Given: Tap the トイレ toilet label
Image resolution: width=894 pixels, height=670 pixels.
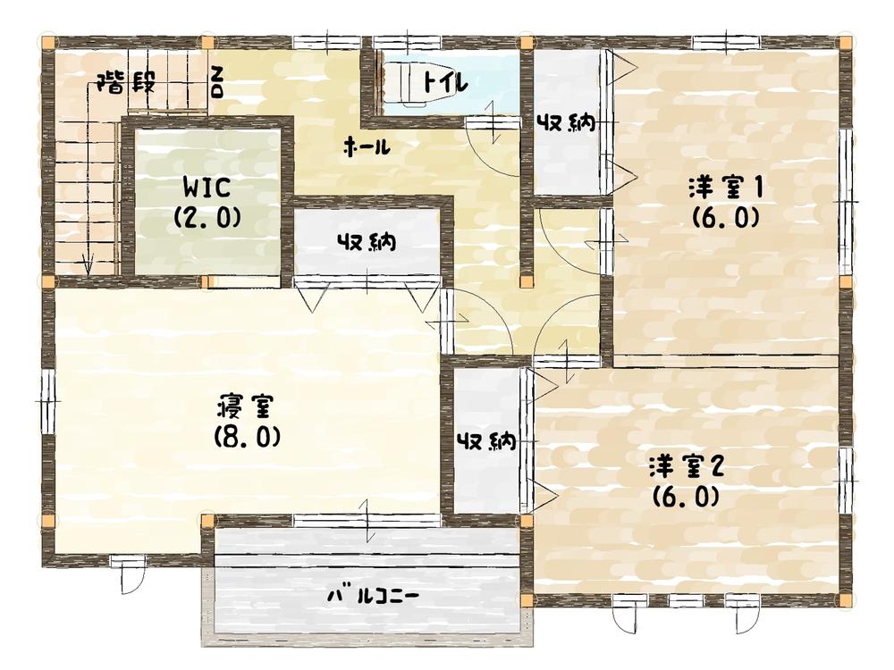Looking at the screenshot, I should point(444,82).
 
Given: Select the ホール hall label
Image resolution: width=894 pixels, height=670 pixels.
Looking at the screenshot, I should point(367,147).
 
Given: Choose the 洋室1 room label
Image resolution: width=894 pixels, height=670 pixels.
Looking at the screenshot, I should point(724,188).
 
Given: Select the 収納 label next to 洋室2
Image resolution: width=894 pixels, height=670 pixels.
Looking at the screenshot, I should point(485,440).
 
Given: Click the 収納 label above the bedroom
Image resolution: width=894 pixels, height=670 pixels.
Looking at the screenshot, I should point(367,241).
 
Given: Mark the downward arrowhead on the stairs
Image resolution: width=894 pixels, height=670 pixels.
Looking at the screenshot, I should point(88,265).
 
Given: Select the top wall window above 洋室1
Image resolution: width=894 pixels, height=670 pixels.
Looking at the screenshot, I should point(726,42).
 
